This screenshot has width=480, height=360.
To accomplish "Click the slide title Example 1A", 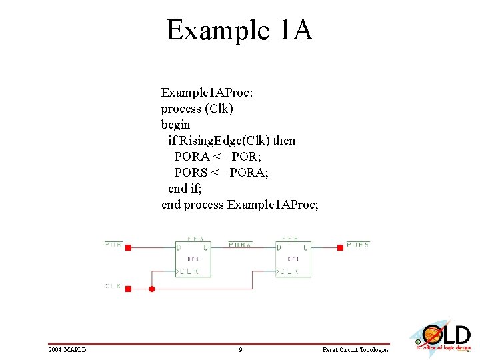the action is [239, 30].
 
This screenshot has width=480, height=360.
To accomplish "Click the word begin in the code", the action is [175, 125].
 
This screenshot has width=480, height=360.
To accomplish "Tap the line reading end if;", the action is [187, 189].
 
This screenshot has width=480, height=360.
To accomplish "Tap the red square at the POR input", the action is [129, 247].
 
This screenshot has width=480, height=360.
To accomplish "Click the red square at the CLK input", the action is [129, 289].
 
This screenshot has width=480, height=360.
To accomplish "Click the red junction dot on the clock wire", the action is [152, 289].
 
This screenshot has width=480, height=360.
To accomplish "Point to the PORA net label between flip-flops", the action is [240, 245].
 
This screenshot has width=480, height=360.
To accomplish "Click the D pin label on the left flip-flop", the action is [179, 248].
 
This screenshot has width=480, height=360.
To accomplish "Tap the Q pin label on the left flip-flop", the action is [205, 248].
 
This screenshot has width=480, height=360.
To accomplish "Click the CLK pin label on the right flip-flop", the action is [289, 271].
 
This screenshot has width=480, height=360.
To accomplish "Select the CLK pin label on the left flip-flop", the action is [189, 271].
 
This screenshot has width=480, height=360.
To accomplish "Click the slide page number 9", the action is [240, 349].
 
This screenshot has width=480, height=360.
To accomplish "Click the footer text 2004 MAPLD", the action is [67, 349].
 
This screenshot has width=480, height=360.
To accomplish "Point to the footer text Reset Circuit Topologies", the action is [355, 349].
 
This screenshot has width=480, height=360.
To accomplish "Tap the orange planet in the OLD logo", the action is [430, 333].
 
